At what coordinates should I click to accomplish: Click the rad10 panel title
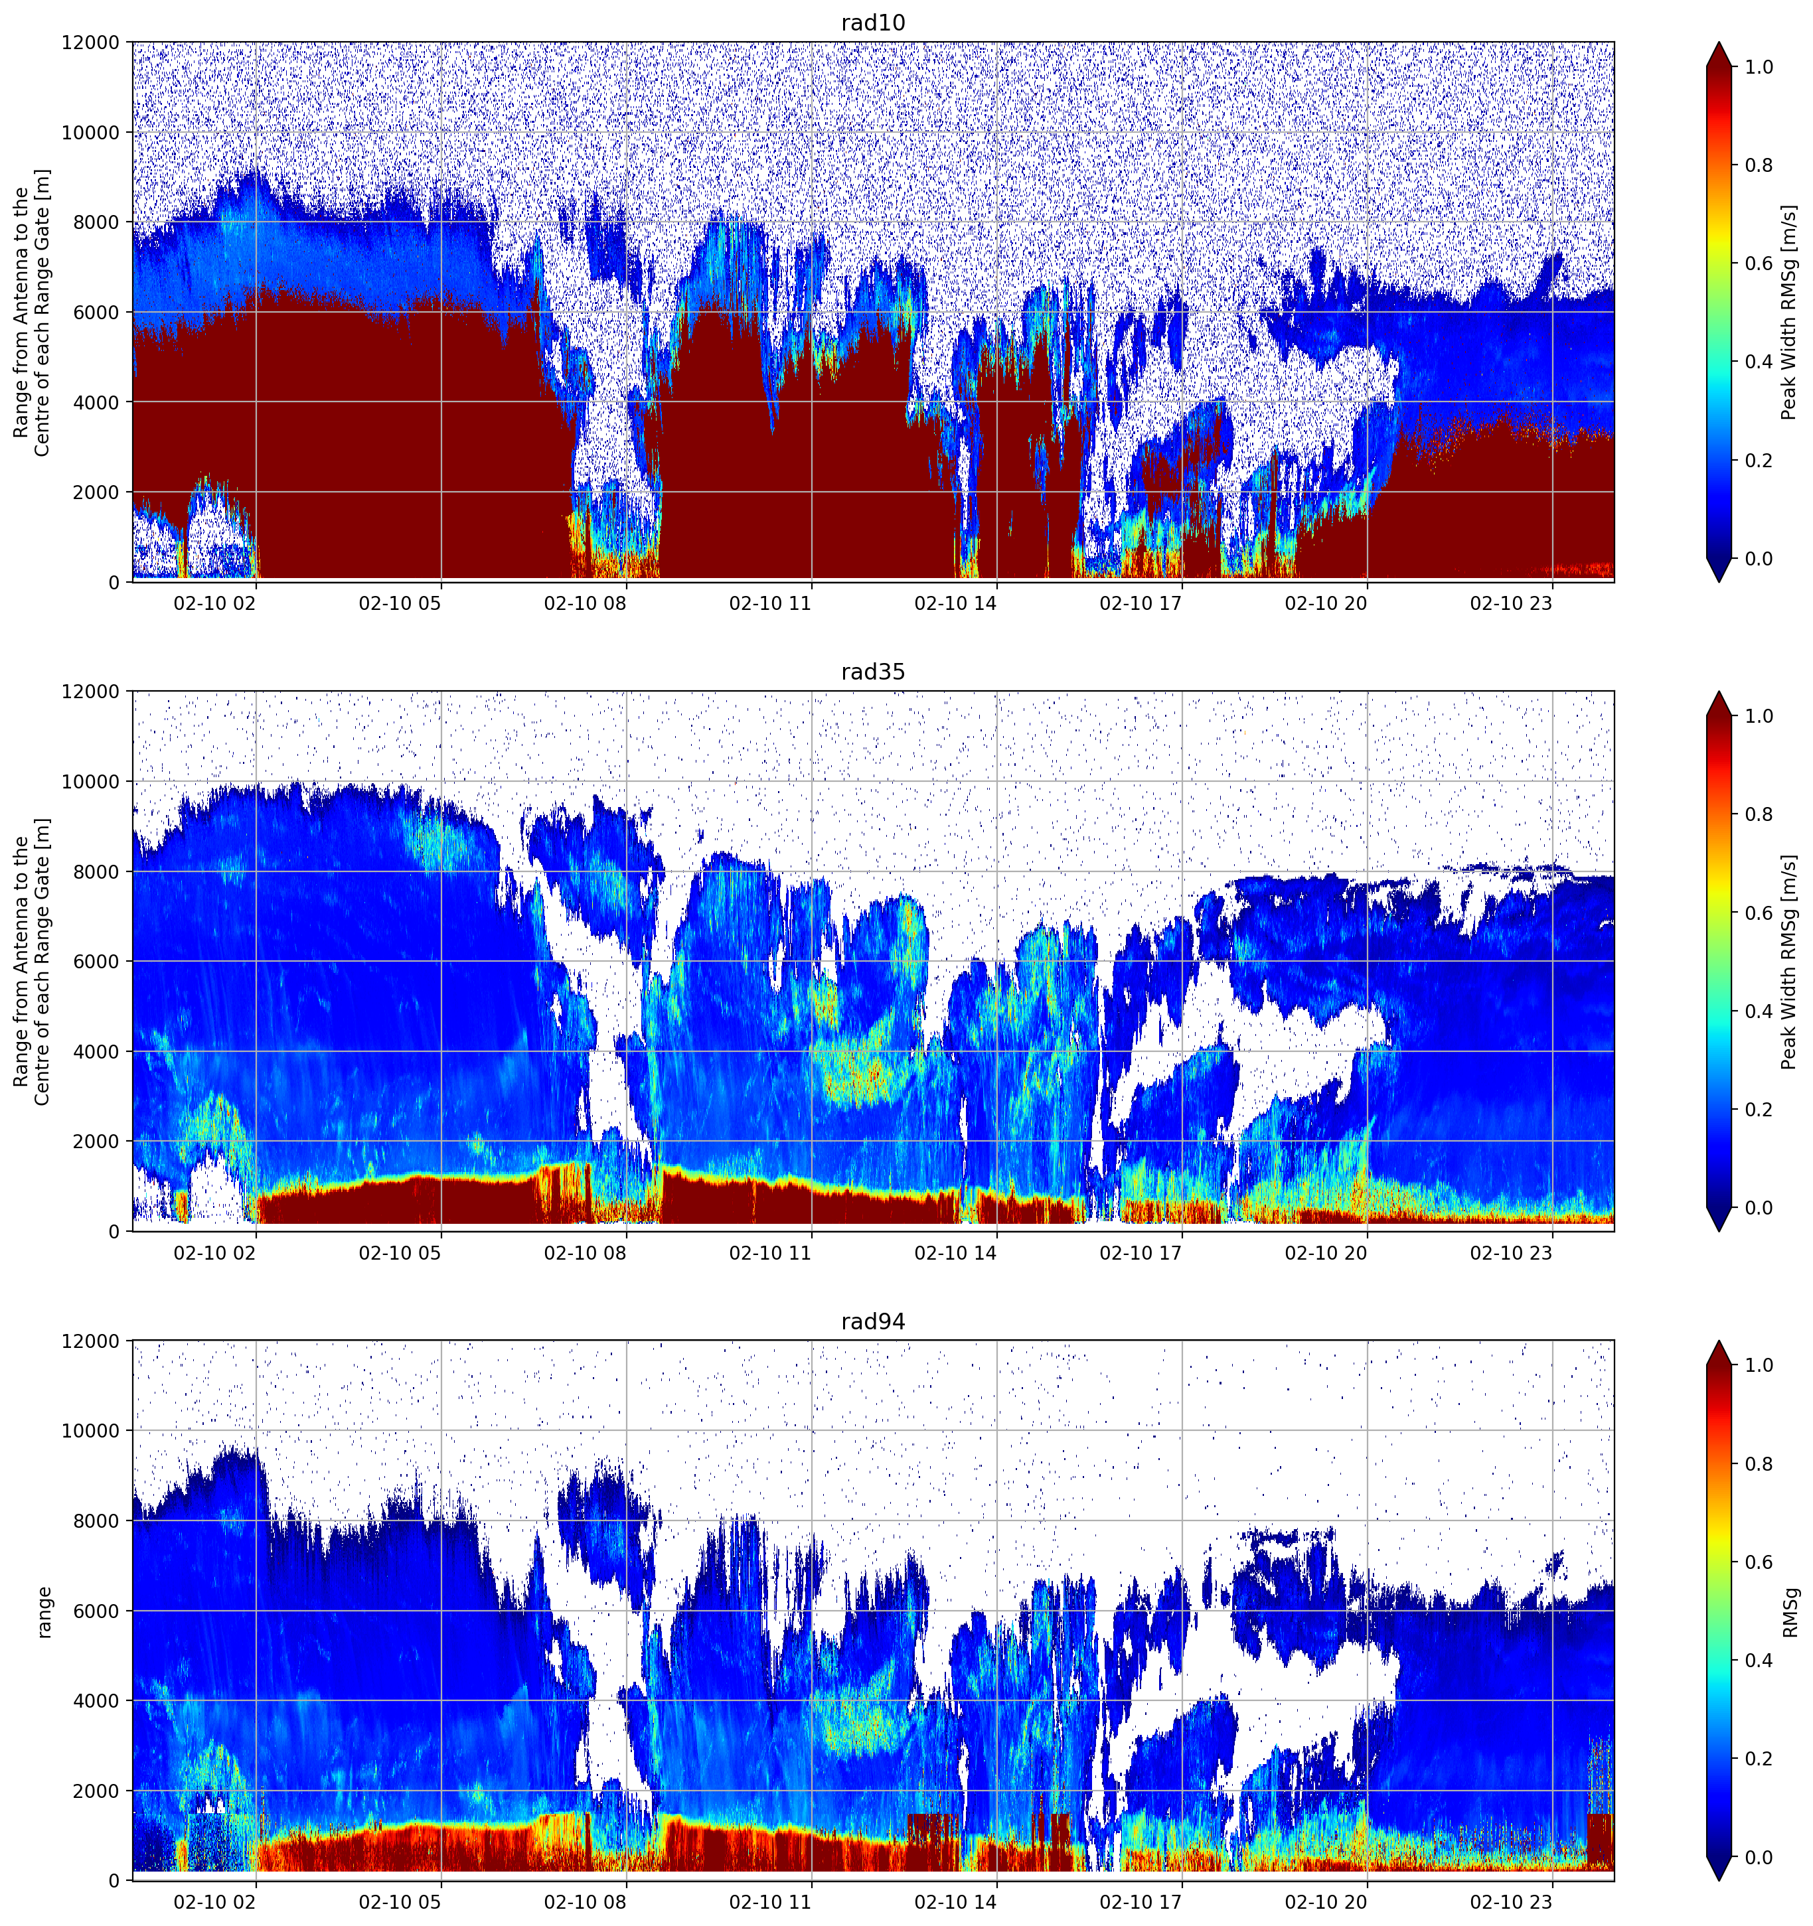click(x=872, y=23)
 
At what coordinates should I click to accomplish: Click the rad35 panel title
click(x=872, y=672)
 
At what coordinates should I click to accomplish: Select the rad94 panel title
click(x=872, y=1321)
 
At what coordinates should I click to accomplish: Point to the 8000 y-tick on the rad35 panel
click(x=98, y=872)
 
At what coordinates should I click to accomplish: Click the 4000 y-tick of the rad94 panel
click(x=98, y=1700)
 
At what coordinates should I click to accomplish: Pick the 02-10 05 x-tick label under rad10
click(x=400, y=603)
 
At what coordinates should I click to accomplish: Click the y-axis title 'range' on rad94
click(x=44, y=1612)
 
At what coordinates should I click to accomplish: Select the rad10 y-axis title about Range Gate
click(x=32, y=312)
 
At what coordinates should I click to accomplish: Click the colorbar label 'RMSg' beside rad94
click(x=1790, y=1612)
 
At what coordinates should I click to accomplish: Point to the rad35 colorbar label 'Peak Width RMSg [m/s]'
click(x=1789, y=961)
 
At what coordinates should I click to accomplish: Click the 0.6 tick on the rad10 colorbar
click(x=1759, y=263)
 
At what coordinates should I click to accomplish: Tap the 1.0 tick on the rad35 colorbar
click(x=1759, y=716)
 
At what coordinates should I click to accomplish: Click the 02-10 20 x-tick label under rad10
click(x=1326, y=603)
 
